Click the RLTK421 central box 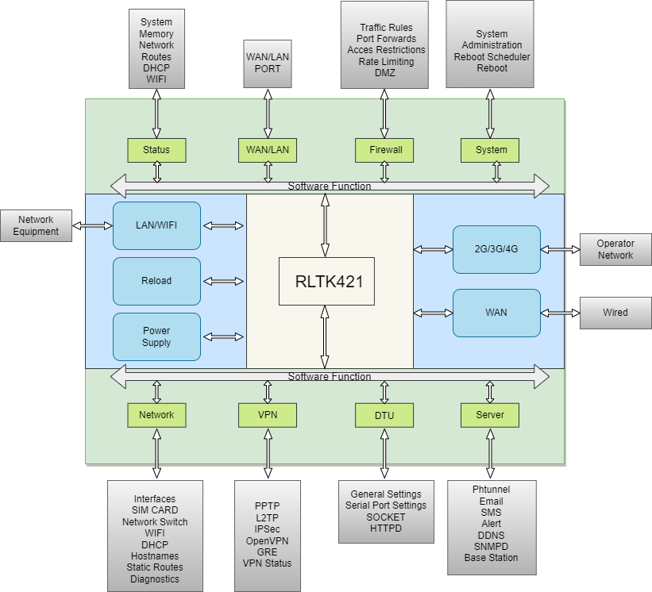(326, 281)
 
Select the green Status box (156, 150)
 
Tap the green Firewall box (385, 150)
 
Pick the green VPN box (268, 415)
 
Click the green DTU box (384, 415)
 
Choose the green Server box (490, 415)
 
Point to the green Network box (156, 415)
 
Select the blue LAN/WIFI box (156, 225)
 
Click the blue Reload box (156, 281)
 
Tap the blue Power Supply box (156, 336)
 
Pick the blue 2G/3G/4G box (496, 249)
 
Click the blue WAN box (496, 313)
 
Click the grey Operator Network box (615, 249)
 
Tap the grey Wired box (615, 313)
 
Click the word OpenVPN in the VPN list (268, 540)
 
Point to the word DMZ (384, 73)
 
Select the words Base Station (491, 557)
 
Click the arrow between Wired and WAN (560, 313)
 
